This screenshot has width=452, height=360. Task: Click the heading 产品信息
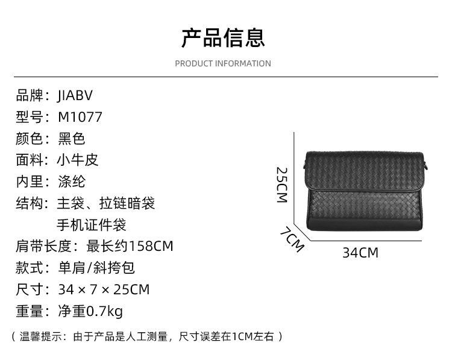coord(223,37)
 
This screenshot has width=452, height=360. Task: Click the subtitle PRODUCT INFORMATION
coord(223,63)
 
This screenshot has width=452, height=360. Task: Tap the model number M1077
coord(80,117)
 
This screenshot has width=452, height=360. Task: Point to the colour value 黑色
coord(72,139)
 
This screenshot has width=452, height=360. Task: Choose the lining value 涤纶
coord(72,182)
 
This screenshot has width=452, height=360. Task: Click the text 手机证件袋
coord(92,225)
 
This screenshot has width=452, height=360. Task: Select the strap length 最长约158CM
coord(130,246)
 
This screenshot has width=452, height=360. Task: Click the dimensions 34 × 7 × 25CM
coord(104,289)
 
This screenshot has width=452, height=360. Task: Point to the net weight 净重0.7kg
coord(90,311)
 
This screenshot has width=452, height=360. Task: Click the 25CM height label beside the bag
coord(281,185)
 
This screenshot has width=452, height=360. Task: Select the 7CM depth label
coord(292,239)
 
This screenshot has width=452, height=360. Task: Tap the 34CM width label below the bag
coord(360,253)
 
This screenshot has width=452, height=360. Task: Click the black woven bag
coord(362,190)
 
